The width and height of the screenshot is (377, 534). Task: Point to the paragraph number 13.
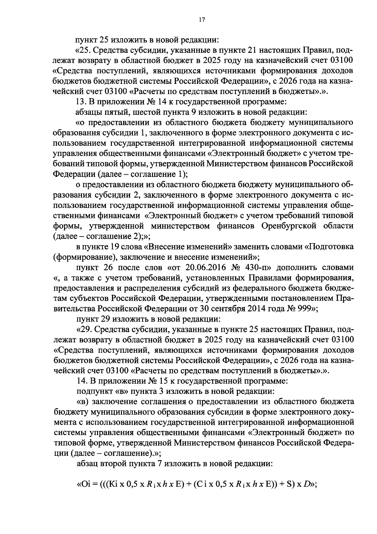pyautogui.click(x=81, y=102)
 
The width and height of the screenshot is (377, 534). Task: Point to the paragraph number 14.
pyautogui.click(x=81, y=381)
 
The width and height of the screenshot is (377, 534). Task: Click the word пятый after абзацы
pyautogui.click(x=113, y=112)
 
